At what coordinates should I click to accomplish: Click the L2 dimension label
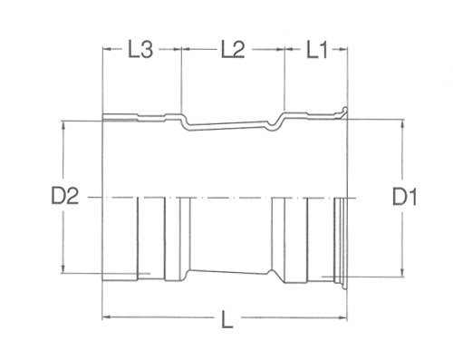point(233,50)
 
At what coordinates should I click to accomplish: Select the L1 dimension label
point(317,50)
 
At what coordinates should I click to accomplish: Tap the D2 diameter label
point(65,196)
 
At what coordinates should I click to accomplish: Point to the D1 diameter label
point(405,197)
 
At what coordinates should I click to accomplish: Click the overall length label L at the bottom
point(227,320)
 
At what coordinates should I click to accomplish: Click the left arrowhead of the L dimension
point(106,317)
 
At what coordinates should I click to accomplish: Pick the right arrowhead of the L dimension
point(343,317)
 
